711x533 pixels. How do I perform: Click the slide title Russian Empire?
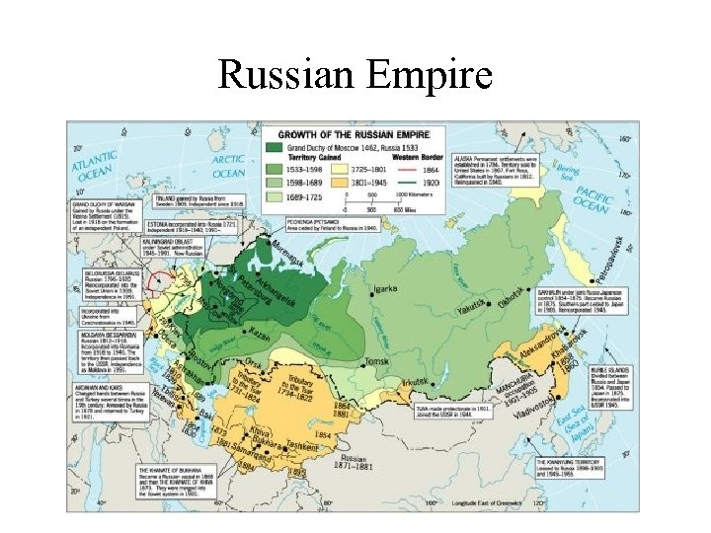pyautogui.click(x=355, y=74)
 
